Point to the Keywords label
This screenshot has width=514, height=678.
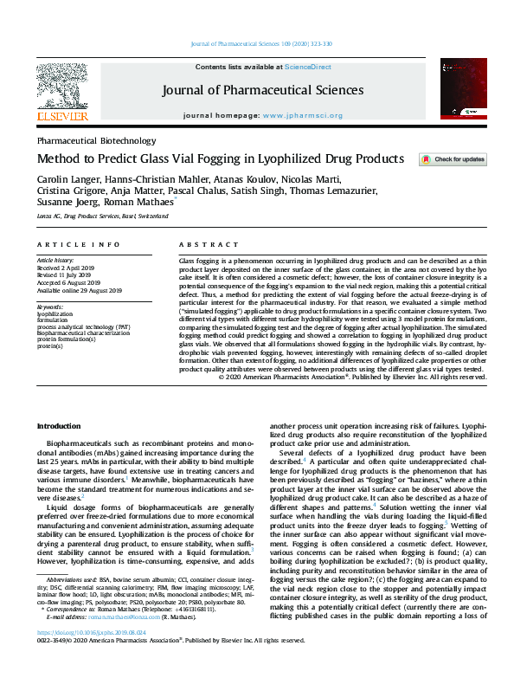(x=51, y=307)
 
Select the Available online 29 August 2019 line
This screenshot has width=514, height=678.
(x=80, y=290)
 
